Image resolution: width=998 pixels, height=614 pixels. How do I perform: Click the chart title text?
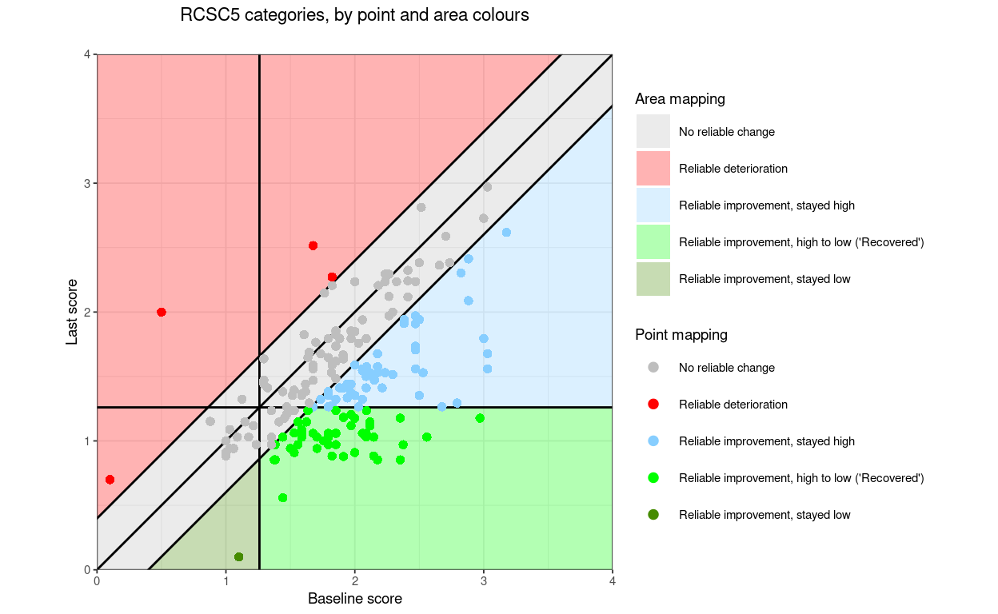(x=354, y=15)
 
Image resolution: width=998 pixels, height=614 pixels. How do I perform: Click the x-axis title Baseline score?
(x=354, y=599)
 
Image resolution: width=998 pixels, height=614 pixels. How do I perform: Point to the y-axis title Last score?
(x=72, y=312)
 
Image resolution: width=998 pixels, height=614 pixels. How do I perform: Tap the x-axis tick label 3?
(x=483, y=582)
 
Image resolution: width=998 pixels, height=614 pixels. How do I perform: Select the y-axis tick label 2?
(x=87, y=312)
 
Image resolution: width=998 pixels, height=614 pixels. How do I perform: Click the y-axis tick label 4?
(x=87, y=54)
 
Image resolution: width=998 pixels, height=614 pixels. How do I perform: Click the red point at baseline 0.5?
(x=162, y=312)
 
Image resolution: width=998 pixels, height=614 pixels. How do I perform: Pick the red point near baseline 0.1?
(x=110, y=480)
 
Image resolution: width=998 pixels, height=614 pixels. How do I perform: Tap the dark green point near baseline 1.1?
(x=238, y=556)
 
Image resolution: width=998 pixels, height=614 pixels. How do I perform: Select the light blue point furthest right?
(x=506, y=232)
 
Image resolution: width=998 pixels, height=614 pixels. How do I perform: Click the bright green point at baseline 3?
(x=480, y=418)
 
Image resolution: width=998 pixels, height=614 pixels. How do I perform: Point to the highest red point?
(x=313, y=245)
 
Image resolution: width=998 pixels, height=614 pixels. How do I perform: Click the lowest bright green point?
(x=282, y=497)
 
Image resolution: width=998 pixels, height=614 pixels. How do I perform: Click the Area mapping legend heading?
(x=680, y=99)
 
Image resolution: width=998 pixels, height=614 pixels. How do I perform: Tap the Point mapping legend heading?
(x=681, y=334)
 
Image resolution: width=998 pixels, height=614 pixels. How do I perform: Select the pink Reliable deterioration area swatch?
(x=653, y=169)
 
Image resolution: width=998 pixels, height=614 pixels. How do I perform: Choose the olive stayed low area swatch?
(x=653, y=279)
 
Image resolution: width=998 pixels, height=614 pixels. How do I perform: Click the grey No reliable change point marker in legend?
(x=653, y=368)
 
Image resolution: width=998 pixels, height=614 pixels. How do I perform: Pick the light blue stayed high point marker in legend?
(x=653, y=441)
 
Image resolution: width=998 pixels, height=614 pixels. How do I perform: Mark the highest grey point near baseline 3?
(x=487, y=187)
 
